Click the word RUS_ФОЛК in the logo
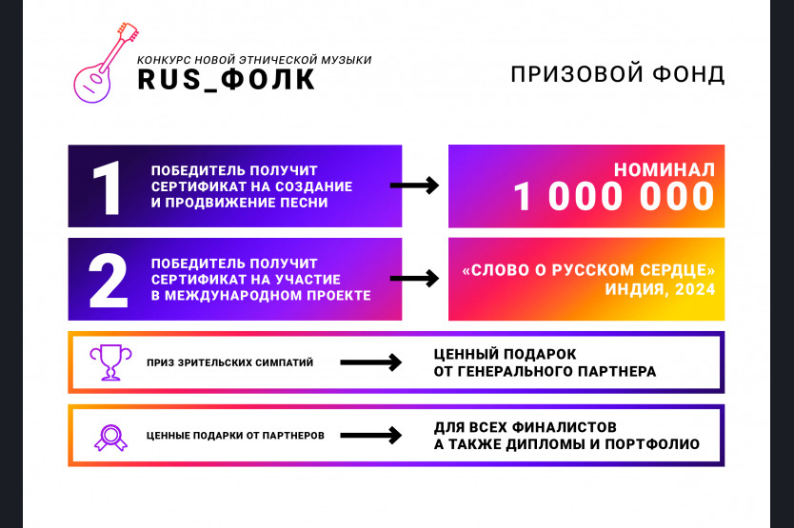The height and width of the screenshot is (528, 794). (x=227, y=80)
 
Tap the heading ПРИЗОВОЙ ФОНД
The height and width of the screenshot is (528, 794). (x=617, y=74)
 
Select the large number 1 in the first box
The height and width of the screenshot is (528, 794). (x=107, y=188)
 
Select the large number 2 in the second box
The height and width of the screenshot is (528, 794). (x=108, y=281)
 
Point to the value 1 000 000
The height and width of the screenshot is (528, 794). (x=613, y=196)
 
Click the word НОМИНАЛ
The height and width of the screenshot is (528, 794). (x=664, y=170)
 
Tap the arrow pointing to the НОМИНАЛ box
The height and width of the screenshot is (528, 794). (x=414, y=186)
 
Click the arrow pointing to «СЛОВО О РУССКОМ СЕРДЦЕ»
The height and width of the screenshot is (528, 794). (x=414, y=278)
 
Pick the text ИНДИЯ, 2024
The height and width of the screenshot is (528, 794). (x=660, y=289)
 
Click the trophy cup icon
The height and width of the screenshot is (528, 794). (x=110, y=362)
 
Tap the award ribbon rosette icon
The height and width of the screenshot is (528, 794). (x=110, y=438)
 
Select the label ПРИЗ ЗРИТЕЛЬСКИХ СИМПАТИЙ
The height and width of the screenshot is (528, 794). (x=229, y=362)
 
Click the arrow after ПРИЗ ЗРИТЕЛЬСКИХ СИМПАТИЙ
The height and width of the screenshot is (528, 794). (x=371, y=362)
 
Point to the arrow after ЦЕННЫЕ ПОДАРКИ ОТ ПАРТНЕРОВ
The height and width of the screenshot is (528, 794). (x=371, y=435)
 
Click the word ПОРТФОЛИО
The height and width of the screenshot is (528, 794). (x=652, y=444)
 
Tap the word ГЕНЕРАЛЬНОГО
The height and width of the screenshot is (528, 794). (x=514, y=372)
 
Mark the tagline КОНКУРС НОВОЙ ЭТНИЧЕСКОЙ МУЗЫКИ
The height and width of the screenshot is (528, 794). (x=254, y=60)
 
